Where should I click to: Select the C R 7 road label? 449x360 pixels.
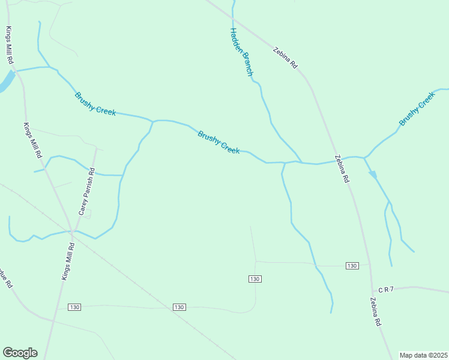[386, 289]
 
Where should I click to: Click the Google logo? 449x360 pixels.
[20, 353]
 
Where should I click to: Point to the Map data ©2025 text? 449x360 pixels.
[424, 355]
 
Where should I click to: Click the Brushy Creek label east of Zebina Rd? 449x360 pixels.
[417, 109]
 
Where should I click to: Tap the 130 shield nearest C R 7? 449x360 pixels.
[352, 266]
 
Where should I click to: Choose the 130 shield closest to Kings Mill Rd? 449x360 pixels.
[74, 307]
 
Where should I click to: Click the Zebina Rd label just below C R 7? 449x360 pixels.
[376, 312]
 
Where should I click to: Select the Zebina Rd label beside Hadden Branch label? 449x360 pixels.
[285, 58]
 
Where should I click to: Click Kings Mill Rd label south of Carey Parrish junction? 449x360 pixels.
[67, 261]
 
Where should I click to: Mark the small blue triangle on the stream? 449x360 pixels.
[373, 175]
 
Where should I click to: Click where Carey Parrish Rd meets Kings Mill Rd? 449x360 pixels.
[72, 231]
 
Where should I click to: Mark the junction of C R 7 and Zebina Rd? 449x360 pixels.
[372, 290]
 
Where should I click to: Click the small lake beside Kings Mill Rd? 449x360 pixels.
[5, 82]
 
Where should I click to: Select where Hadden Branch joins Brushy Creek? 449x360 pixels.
[301, 162]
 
